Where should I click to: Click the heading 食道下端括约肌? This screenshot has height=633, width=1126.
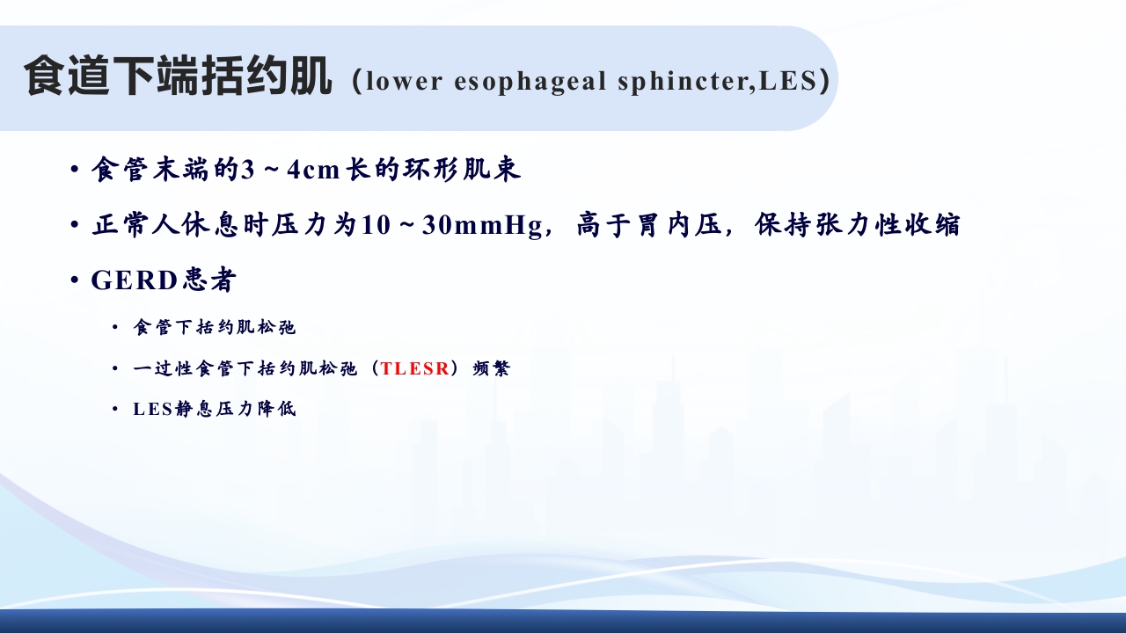(x=179, y=77)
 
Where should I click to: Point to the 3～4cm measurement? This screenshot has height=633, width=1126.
(x=290, y=171)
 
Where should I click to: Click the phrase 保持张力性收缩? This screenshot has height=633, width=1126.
(x=857, y=226)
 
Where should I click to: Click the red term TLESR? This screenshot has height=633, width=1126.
(x=415, y=369)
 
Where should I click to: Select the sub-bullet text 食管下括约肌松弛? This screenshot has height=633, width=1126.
(x=215, y=328)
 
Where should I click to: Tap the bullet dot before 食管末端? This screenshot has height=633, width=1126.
(x=76, y=171)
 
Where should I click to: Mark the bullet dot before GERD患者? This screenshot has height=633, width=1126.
(x=76, y=281)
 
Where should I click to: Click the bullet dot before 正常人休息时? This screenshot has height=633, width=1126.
(x=76, y=226)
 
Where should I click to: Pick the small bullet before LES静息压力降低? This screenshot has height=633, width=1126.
(x=115, y=410)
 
